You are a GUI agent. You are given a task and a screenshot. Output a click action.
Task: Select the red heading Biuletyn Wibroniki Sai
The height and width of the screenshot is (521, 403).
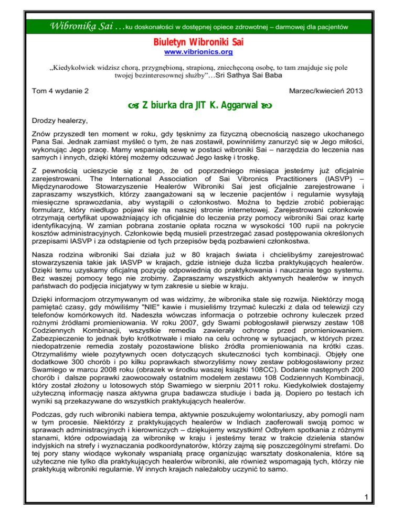(201, 41)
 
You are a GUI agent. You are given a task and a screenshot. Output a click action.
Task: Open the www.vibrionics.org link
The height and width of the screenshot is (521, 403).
(201, 52)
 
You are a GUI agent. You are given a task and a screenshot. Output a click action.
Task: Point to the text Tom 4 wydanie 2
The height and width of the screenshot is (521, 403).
(56, 91)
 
